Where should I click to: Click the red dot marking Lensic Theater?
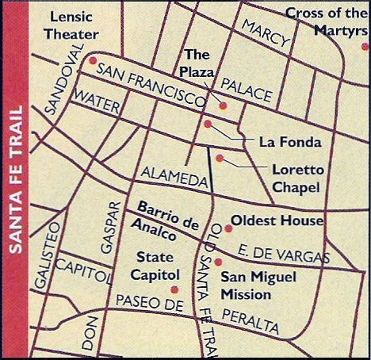click(x=93, y=60)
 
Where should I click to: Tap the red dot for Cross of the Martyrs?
click(x=364, y=46)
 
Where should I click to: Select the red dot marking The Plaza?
click(x=223, y=105)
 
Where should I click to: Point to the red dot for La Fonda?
click(x=208, y=124)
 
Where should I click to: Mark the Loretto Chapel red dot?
click(x=220, y=159)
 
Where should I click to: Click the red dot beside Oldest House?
click(x=228, y=228)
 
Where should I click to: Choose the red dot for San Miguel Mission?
click(x=218, y=262)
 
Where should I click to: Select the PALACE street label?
click(x=247, y=89)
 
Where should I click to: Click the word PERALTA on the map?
click(x=251, y=320)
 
